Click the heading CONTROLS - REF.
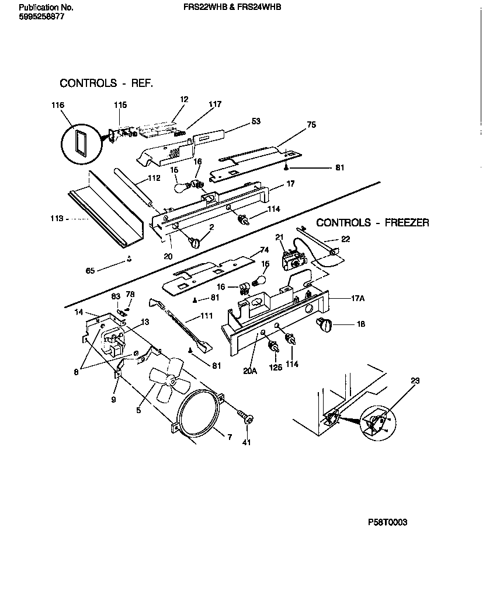tap(106, 83)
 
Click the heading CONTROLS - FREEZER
tap(372, 222)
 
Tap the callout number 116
tap(57, 105)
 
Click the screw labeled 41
tap(246, 418)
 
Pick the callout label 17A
tap(357, 298)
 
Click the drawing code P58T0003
tap(387, 522)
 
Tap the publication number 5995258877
tap(41, 17)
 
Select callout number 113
tap(57, 219)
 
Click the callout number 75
tap(311, 124)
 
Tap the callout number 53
tap(256, 121)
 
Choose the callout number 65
tap(90, 270)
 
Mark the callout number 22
tap(346, 239)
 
